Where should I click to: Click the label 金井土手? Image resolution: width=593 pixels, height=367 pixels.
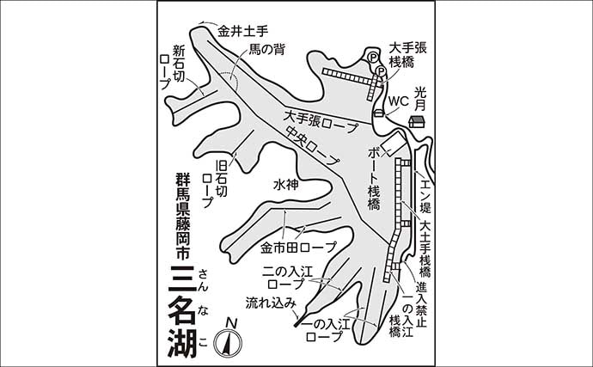[x=241, y=30]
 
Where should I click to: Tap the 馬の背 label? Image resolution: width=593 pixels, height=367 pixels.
[x=266, y=51]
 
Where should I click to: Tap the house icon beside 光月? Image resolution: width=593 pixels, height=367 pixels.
[x=416, y=122]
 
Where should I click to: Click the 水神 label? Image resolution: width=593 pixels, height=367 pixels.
[x=286, y=184]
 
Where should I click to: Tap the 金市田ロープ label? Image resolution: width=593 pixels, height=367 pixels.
[x=298, y=249]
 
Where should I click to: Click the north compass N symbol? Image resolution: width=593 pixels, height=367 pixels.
[x=229, y=323]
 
